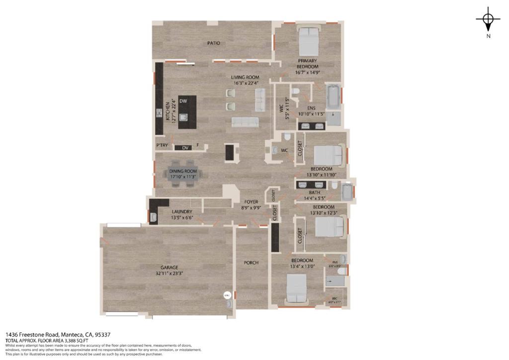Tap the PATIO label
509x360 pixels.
pyautogui.click(x=214, y=43)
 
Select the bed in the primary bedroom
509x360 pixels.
pyautogui.click(x=309, y=42)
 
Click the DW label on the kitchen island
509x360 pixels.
pyautogui.click(x=183, y=101)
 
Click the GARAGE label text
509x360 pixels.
pyautogui.click(x=169, y=268)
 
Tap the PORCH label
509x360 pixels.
pyautogui.click(x=251, y=263)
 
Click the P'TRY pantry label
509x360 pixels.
pyautogui.click(x=162, y=146)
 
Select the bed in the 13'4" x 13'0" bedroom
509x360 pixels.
pyautogui.click(x=297, y=289)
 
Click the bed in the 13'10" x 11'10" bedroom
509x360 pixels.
pyautogui.click(x=329, y=155)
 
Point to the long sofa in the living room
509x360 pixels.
pyautogui.click(x=245, y=123)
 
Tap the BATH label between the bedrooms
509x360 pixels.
pyautogui.click(x=315, y=192)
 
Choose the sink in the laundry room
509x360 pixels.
pyautogui.click(x=154, y=216)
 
